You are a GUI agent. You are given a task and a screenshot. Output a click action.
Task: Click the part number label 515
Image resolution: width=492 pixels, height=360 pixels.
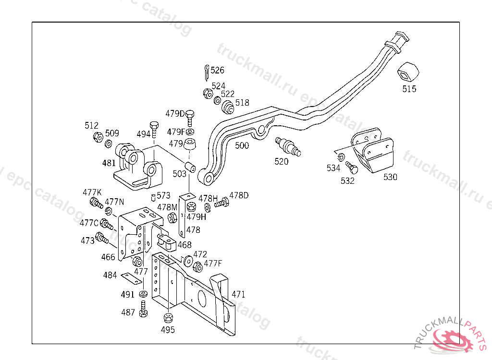tap(409, 89)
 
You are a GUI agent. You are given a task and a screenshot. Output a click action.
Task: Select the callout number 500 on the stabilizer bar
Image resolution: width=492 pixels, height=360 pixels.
tap(242, 145)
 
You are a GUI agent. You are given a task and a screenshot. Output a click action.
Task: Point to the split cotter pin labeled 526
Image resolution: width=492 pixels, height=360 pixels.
tap(206, 72)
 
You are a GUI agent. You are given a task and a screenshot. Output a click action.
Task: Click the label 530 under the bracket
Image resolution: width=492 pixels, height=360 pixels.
tap(390, 177)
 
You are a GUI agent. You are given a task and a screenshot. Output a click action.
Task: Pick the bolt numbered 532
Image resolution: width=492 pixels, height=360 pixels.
tap(352, 168)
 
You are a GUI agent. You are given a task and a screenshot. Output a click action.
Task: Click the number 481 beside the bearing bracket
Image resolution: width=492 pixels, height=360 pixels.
tap(109, 163)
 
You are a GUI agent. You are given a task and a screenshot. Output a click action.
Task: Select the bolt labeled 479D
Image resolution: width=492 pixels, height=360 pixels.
tap(190, 116)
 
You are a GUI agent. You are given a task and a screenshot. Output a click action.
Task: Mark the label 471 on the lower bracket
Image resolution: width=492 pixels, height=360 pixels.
tap(239, 294)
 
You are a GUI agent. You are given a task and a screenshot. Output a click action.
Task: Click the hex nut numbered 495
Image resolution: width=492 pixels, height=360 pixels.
tap(168, 318)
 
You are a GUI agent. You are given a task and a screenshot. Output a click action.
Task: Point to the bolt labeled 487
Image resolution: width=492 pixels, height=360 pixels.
tap(143, 309)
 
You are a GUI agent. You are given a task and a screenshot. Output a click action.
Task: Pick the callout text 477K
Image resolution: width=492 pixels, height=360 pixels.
tap(92, 192)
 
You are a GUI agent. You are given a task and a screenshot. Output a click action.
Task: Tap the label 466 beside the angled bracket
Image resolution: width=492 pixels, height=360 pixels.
tap(108, 257)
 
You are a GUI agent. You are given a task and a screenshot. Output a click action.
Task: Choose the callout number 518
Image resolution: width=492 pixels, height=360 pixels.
tap(242, 102)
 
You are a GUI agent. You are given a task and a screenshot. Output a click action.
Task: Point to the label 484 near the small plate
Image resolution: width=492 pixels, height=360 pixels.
tap(110, 275)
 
